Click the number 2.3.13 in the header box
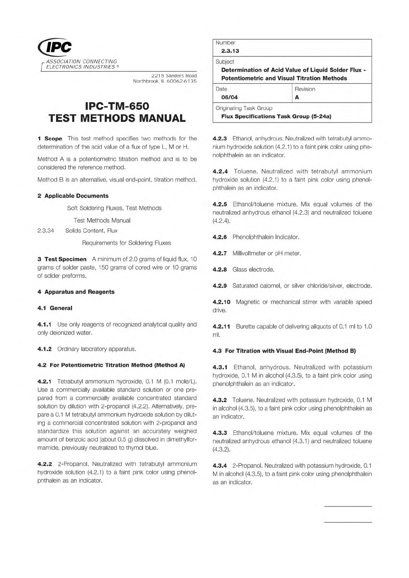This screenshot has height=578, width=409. pos(230,51)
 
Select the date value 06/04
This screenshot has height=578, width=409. pos(229,97)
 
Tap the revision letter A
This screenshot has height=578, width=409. pos(297,97)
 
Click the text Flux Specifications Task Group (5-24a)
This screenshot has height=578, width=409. pos(276,116)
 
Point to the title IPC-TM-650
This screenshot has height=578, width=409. pos(117,106)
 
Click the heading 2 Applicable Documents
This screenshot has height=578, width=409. pos(73,196)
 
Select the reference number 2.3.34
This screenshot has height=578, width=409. pos(46,231)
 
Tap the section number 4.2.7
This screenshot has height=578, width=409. pos(220,254)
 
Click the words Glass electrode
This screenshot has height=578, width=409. pos(253,270)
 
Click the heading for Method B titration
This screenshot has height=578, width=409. pos(284,351)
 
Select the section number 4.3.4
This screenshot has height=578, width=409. pos(220,466)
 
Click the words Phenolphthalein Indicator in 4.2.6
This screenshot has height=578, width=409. pos(265,237)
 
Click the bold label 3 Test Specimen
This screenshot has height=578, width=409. pos(62,259)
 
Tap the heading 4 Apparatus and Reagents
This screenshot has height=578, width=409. pos(76,292)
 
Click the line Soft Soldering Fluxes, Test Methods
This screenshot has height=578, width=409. pos(114,208)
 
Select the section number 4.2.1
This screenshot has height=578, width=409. pos(44,382)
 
